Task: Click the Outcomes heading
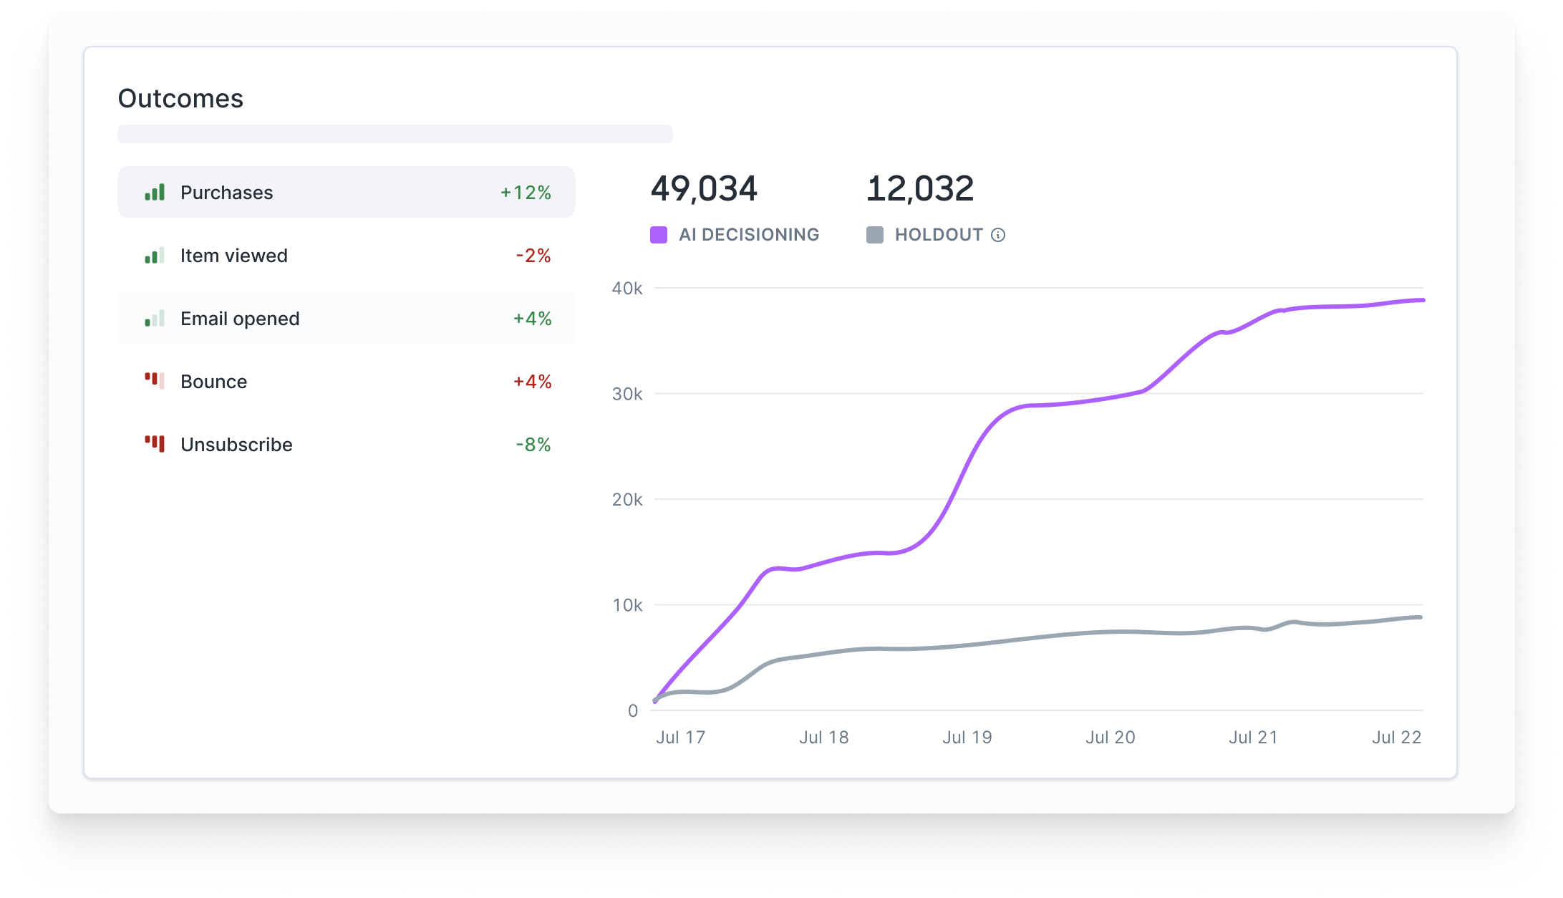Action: [x=180, y=99]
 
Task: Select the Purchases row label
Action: [x=226, y=193]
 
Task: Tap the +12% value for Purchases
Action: [x=526, y=193]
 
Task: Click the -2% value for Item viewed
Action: [x=533, y=256]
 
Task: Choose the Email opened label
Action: [x=240, y=319]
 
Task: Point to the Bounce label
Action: [x=213, y=382]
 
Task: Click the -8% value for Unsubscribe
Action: [x=533, y=445]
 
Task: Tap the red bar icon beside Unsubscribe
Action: [x=155, y=444]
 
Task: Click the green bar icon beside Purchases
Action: [x=155, y=192]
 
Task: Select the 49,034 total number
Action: [x=704, y=189]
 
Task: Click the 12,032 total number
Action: [x=919, y=189]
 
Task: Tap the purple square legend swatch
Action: [x=659, y=235]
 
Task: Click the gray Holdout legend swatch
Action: [x=874, y=235]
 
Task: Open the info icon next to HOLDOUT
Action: [x=998, y=235]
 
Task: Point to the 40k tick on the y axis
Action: [x=627, y=289]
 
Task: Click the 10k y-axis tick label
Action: [x=627, y=606]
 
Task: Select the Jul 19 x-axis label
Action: [x=967, y=738]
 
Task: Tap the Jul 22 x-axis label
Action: [x=1397, y=738]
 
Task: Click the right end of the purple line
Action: [x=1422, y=300]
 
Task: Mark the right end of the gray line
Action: [x=1421, y=617]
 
